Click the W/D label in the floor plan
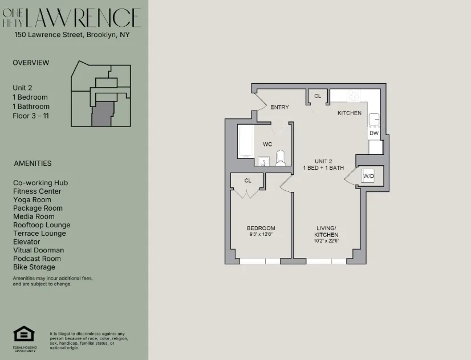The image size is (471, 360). (x=368, y=177)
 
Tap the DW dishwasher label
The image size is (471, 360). (x=374, y=133)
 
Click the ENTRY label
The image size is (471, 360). (x=279, y=107)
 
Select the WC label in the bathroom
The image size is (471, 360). (x=267, y=144)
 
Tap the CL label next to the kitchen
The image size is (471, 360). (x=318, y=96)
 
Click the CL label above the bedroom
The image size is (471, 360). (x=247, y=181)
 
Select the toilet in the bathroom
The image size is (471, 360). (x=281, y=157)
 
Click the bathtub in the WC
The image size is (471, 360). (x=246, y=142)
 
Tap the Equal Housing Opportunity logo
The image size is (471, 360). (x=24, y=336)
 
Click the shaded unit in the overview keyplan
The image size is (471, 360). (x=103, y=114)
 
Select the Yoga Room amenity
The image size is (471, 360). (x=32, y=200)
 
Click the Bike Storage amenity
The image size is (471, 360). (x=34, y=267)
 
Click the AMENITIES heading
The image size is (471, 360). (x=33, y=163)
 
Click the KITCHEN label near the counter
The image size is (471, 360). (x=350, y=113)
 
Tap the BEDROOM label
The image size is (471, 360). (x=262, y=228)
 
